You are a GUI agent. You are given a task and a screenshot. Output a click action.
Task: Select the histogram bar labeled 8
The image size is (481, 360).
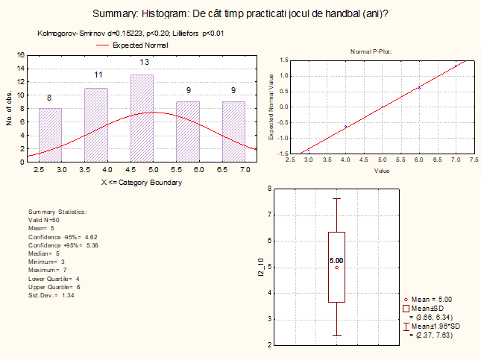50,134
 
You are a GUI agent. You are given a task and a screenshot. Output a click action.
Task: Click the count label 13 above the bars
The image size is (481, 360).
145,62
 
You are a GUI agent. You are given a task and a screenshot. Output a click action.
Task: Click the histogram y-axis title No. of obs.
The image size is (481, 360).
9,107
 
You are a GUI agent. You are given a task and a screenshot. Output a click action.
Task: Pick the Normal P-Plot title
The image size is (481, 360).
371,51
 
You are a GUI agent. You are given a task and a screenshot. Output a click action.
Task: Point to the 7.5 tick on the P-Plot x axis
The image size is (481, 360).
474,159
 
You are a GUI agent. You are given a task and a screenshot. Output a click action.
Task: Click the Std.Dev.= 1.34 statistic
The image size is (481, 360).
53,295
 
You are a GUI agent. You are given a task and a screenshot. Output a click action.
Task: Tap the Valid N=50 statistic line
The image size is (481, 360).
45,221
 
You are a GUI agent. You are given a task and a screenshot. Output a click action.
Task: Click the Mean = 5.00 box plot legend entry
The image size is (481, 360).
432,299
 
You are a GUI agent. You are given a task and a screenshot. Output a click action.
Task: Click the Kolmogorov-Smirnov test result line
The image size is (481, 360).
131,33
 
